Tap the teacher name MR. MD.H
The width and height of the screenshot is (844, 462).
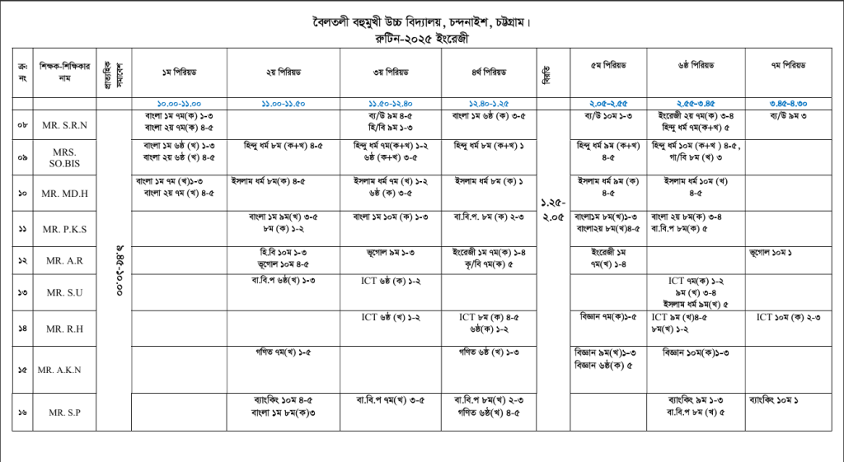(x=66, y=193)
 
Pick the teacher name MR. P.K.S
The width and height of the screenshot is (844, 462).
(x=66, y=229)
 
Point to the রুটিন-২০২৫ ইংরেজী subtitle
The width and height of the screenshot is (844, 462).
(x=421, y=37)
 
